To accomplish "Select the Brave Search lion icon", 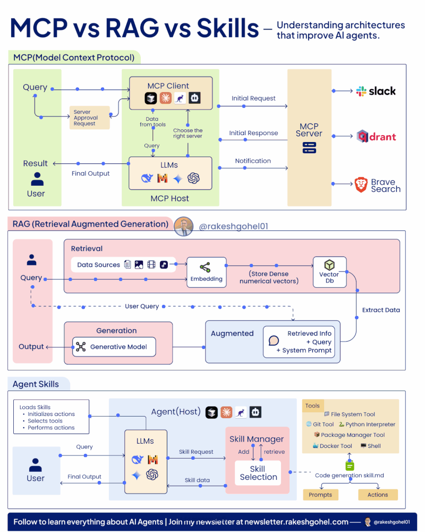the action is point(361,185).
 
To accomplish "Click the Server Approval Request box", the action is point(89,118).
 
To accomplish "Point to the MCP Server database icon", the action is point(309,147).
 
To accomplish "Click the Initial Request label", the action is point(253,98).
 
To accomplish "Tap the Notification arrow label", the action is point(253,161).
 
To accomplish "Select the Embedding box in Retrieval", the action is point(207,272).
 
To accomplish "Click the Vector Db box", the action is point(329,272).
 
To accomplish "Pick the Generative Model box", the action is point(114,347).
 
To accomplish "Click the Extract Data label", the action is point(381,310).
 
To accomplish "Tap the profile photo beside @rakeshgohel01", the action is point(184,226).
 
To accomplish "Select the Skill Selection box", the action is point(258,473).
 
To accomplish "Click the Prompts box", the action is point(320,495).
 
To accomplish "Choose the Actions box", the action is point(378,495).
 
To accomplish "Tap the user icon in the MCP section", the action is point(37,179).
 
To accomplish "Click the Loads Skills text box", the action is point(51,417).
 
